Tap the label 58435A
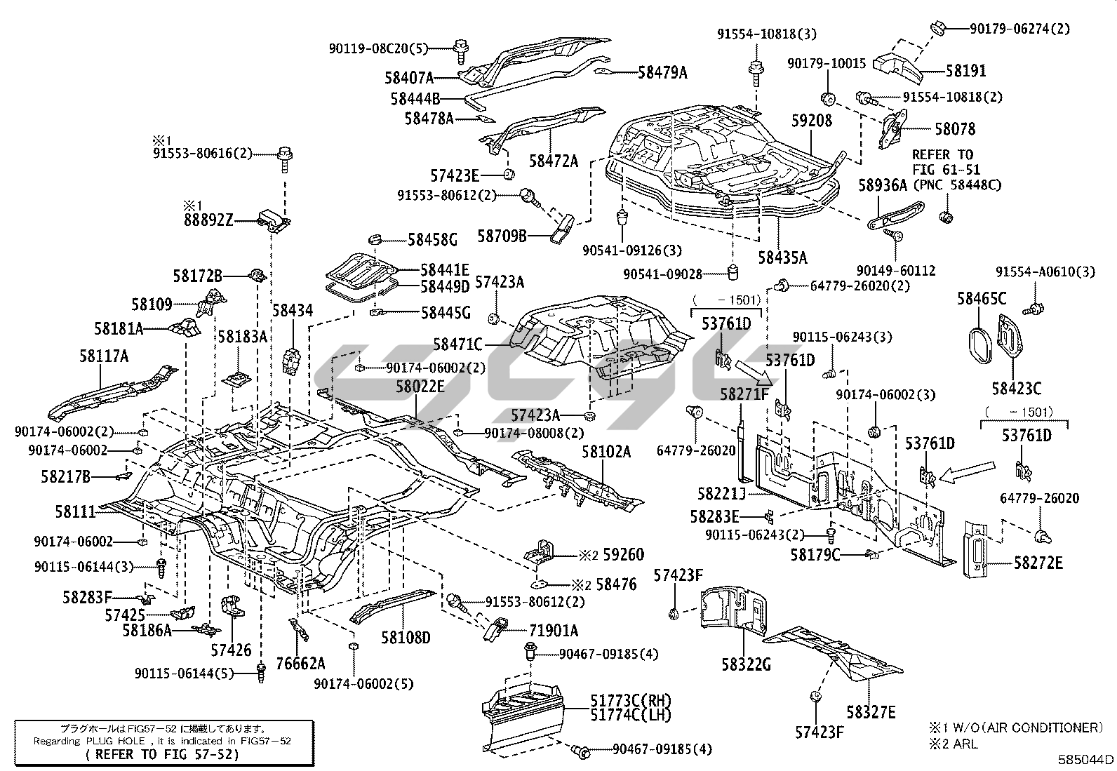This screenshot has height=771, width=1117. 782,257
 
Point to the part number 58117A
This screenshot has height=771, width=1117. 104,356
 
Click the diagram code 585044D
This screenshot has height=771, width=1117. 1086,759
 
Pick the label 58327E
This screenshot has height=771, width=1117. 871,712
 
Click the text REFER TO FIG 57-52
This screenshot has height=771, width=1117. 161,755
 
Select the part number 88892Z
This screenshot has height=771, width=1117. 208,220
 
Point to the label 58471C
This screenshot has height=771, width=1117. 457,344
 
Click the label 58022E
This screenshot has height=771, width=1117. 420,386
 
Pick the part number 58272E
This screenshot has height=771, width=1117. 1038,563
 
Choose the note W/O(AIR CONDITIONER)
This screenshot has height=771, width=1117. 1029,728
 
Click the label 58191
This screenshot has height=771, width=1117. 966,71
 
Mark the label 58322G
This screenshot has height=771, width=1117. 746,663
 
